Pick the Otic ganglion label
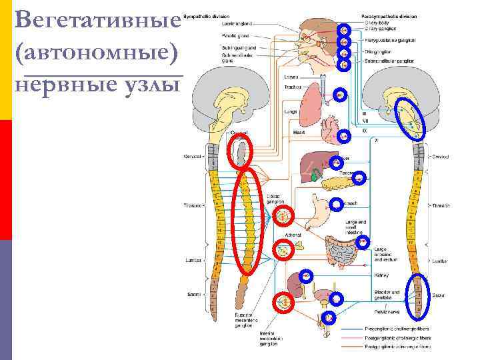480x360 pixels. click(378, 51)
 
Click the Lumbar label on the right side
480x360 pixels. click(439, 262)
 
